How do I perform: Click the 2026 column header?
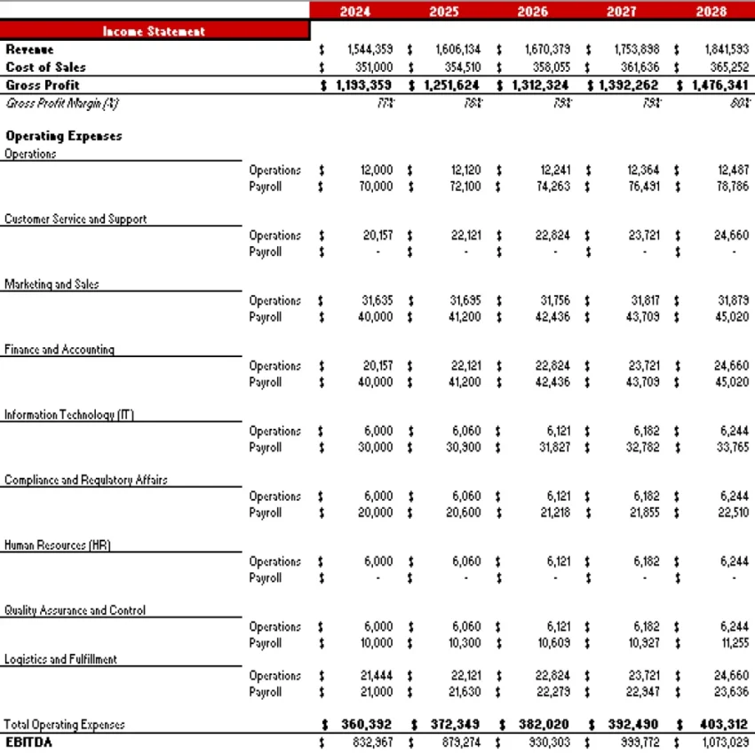click(532, 12)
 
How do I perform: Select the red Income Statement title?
click(154, 31)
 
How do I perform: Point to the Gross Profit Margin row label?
click(62, 103)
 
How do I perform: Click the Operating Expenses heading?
click(63, 136)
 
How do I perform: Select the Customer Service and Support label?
click(75, 219)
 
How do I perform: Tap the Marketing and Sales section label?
click(52, 284)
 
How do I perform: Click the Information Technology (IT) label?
click(69, 415)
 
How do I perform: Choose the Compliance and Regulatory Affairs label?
click(85, 480)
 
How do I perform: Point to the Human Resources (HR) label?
click(57, 544)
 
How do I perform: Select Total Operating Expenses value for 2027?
click(632, 725)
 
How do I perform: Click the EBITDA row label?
click(28, 742)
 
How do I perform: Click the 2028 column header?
click(711, 12)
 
